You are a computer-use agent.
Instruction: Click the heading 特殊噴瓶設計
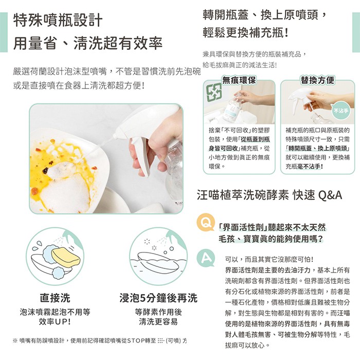(58, 21)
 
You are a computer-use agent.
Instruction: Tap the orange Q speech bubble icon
(206, 222)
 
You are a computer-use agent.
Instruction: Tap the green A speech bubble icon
(206, 258)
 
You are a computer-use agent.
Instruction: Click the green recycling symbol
(214, 92)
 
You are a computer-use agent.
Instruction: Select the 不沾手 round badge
(341, 111)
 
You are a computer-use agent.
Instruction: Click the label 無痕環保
(239, 80)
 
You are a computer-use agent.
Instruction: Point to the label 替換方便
(317, 80)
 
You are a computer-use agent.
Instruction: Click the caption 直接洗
(55, 298)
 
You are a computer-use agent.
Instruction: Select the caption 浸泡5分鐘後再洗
(158, 298)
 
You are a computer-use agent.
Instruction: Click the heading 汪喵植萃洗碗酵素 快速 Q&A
(269, 195)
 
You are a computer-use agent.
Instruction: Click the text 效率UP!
(55, 322)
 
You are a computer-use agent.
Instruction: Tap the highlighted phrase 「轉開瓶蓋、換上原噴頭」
(317, 148)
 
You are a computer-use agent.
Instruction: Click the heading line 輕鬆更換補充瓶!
(245, 33)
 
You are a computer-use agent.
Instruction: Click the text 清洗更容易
(158, 322)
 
